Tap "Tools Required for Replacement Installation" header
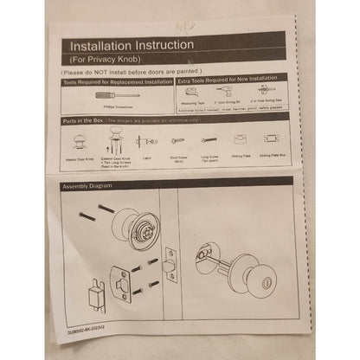point(116,79)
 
